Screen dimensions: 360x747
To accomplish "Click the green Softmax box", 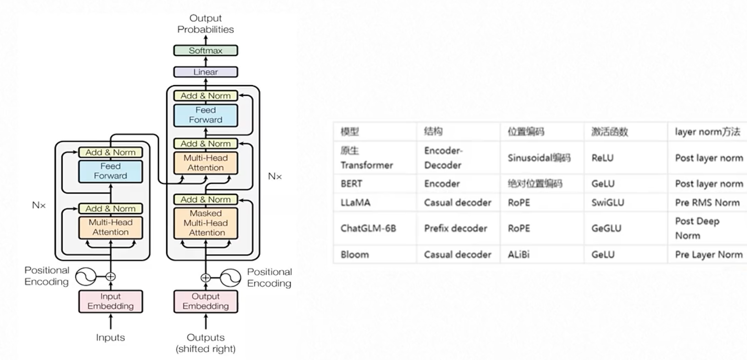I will pos(206,50).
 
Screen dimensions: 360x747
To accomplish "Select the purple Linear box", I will pos(206,72).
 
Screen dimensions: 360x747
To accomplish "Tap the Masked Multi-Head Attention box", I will pos(206,223).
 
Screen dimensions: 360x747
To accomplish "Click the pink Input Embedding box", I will pos(110,301).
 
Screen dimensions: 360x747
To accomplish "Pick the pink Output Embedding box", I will pos(206,301).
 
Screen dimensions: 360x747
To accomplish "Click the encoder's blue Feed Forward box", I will pos(110,171).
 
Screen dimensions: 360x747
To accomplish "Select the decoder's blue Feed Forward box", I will pos(206,115).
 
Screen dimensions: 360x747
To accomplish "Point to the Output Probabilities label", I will pos(206,24).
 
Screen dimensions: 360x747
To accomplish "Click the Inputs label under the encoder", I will pos(110,337).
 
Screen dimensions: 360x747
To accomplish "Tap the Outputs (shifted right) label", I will pos(206,343).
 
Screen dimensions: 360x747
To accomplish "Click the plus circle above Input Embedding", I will pos(110,277).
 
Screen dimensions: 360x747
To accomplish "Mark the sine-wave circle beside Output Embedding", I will pos(230,278).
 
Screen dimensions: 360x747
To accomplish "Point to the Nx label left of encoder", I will pos(39,205).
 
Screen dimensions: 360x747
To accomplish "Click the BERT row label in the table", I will pos(351,184).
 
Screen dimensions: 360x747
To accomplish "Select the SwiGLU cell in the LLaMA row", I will pos(608,202).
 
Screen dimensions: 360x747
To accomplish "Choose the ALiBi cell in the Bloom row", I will pos(518,254).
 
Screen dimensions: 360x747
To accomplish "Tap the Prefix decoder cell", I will pos(456,228).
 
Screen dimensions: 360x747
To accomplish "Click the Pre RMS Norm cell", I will pos(707,202).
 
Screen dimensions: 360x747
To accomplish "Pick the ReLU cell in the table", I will pos(603,158).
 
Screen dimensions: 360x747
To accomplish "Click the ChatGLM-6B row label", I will pos(368,228).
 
